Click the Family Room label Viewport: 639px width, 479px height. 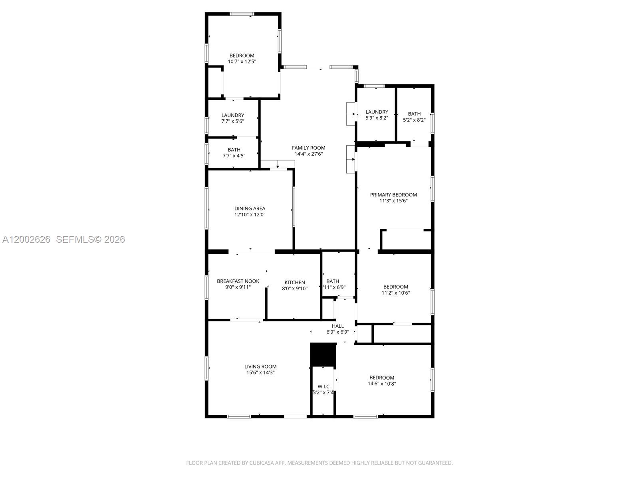tap(308, 148)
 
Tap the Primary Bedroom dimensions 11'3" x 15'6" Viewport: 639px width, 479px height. tap(393, 201)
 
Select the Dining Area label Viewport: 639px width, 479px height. tap(250, 208)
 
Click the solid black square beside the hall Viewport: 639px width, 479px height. tap(323, 354)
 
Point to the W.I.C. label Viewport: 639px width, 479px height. tap(324, 386)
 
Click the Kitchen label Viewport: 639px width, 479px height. tap(295, 282)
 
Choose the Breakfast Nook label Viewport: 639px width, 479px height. tap(238, 281)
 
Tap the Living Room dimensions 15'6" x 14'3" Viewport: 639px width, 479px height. tap(260, 372)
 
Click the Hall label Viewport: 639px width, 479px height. tap(337, 326)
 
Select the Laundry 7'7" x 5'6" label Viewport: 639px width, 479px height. tap(233, 115)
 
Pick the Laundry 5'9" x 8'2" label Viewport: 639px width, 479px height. tap(377, 112)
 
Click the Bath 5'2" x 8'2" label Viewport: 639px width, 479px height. tap(414, 114)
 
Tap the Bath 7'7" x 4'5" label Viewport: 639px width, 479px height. tap(234, 150)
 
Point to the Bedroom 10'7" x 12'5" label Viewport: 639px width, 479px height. tap(242, 55)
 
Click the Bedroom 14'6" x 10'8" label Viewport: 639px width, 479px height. tap(382, 378)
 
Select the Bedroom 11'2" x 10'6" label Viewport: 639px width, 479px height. tap(395, 287)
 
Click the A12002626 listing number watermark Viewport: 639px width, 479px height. tap(26, 239)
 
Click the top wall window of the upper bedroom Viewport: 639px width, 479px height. tap(242, 14)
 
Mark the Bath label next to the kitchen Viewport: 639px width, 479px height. tap(333, 281)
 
